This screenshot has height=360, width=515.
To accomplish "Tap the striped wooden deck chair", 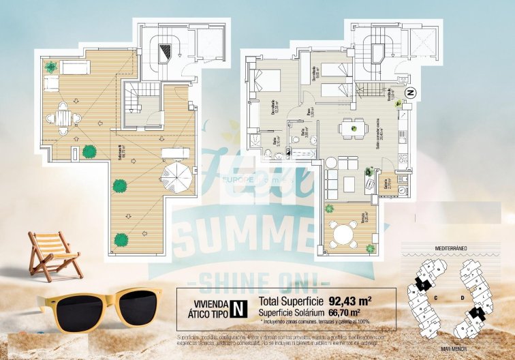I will [54, 254].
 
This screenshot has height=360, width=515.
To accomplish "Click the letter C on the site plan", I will [435, 297].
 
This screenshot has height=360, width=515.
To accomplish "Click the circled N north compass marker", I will [410, 91].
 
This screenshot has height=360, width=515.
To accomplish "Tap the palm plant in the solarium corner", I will [50, 67].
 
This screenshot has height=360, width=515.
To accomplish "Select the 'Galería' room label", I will [386, 183].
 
